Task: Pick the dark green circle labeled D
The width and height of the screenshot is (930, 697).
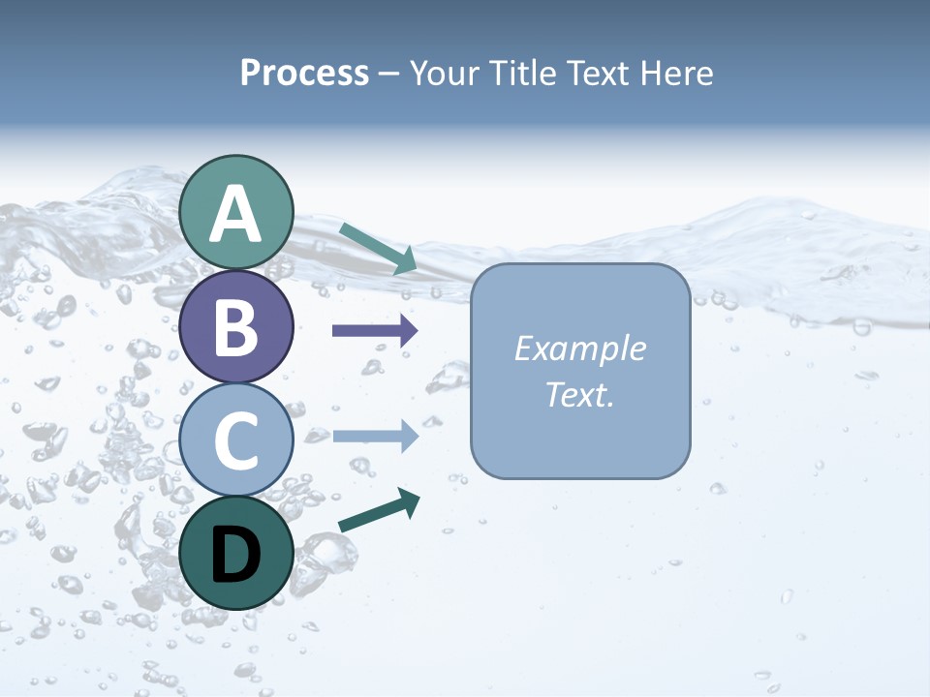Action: (236, 554)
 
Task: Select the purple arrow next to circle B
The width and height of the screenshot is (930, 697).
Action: (375, 331)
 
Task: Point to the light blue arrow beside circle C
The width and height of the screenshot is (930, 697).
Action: (375, 437)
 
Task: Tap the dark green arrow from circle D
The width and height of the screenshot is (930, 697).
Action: (379, 511)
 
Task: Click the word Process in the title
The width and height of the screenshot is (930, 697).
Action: (304, 73)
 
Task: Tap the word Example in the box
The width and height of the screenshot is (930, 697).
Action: (579, 348)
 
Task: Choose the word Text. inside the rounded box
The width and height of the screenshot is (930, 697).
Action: (579, 395)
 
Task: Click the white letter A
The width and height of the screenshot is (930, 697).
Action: (236, 215)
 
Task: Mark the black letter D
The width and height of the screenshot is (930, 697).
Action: (236, 556)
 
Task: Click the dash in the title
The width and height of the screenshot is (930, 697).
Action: (388, 74)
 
